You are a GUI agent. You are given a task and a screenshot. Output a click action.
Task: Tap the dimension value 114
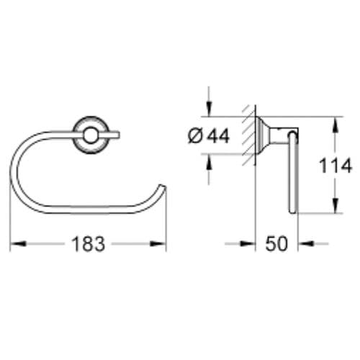coord(336,166)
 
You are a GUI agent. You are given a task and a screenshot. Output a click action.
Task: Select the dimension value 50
coord(277,244)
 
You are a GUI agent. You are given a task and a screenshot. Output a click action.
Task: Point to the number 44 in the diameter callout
coord(217,136)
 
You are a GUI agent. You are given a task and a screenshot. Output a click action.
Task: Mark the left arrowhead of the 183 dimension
coord(16,244)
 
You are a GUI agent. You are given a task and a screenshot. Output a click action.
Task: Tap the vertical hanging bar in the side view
coord(292,176)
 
